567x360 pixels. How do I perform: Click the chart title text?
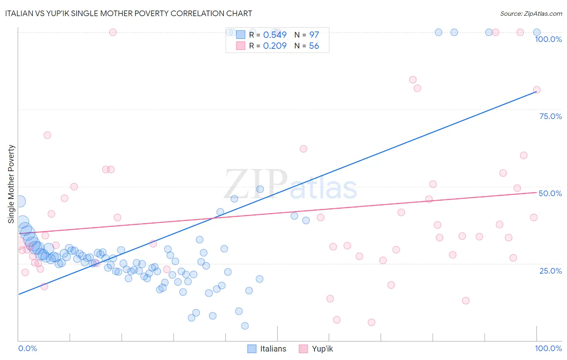[x=129, y=13]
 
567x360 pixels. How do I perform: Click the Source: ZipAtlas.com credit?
[x=531, y=13]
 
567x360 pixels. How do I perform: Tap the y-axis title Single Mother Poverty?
[x=11, y=184]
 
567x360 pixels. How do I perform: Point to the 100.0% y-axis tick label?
[x=548, y=39]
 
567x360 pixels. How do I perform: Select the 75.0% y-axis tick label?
[x=550, y=116]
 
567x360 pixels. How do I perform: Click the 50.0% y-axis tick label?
[x=550, y=193]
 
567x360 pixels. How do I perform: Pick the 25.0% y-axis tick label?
[x=550, y=270]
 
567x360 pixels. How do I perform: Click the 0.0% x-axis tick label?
[x=27, y=348]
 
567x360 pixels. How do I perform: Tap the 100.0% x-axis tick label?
[x=548, y=348]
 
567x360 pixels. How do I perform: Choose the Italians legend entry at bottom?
[x=267, y=349]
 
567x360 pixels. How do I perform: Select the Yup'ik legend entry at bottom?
[x=316, y=349]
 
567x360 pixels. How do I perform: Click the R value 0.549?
[x=275, y=35]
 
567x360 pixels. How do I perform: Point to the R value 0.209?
[x=275, y=46]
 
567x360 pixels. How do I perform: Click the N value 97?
[x=314, y=35]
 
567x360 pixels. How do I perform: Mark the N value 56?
[x=314, y=46]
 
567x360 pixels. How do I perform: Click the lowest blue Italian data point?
[x=245, y=326]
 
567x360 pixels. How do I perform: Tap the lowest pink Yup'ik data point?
[x=371, y=322]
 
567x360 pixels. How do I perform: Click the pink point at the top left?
[x=113, y=32]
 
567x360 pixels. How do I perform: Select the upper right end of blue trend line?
[x=536, y=92]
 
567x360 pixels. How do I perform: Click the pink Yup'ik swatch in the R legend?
[x=241, y=46]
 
